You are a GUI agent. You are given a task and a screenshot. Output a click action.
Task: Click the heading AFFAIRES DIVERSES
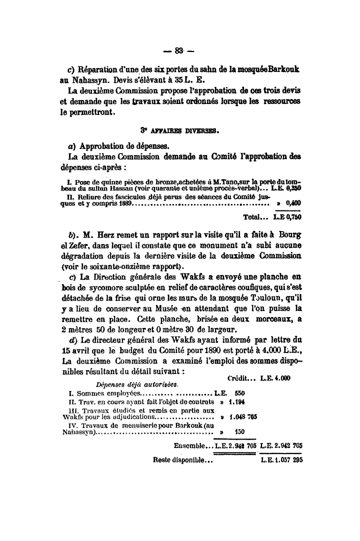click(183, 132)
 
